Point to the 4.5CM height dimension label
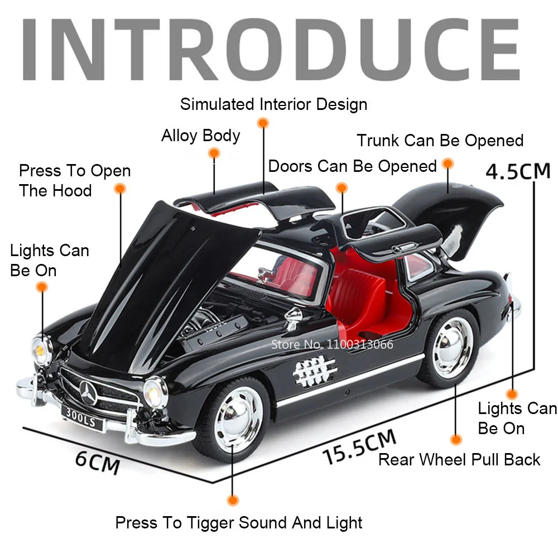518,171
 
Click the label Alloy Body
200,136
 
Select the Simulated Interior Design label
273,104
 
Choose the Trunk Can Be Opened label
440,140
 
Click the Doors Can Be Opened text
352,166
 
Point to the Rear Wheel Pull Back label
459,460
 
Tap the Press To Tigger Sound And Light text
239,523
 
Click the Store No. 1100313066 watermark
331,344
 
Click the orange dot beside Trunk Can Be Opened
448,164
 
